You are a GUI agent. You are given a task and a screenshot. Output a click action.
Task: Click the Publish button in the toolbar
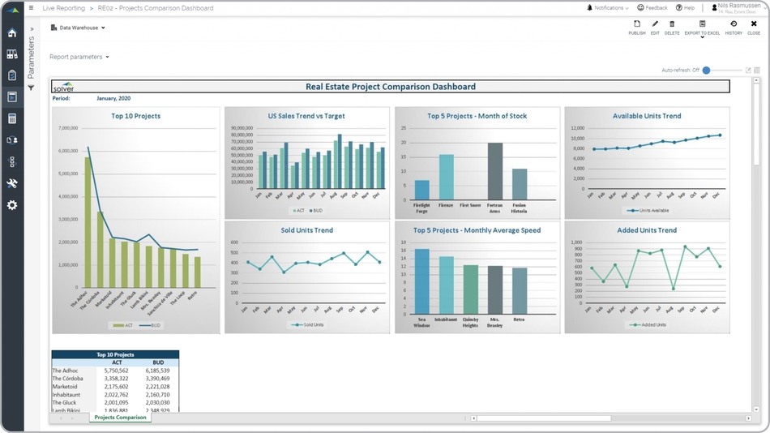[637, 28]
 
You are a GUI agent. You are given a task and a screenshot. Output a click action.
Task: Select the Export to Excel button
[702, 28]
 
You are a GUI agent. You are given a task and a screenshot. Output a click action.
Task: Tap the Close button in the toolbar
[754, 28]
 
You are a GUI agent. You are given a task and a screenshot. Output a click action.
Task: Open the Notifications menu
[608, 8]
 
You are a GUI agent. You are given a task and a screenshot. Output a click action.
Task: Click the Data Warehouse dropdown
[79, 28]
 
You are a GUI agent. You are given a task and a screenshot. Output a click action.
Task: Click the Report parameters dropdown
[79, 57]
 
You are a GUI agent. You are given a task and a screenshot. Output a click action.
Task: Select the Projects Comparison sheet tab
[120, 418]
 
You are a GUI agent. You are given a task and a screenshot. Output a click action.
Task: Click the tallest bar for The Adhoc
[88, 227]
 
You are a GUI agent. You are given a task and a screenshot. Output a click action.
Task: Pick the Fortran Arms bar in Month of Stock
[495, 172]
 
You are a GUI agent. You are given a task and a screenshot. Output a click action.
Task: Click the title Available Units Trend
[647, 116]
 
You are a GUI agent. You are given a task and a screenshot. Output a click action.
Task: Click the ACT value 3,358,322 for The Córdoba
[117, 379]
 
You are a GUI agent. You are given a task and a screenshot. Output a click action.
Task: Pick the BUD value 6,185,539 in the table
[158, 371]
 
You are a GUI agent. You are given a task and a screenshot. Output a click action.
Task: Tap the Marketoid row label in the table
[65, 387]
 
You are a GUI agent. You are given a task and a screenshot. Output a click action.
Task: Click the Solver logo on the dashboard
[63, 87]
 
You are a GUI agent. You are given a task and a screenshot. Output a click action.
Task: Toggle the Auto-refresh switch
[707, 71]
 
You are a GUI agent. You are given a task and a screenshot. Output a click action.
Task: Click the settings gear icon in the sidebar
[12, 205]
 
